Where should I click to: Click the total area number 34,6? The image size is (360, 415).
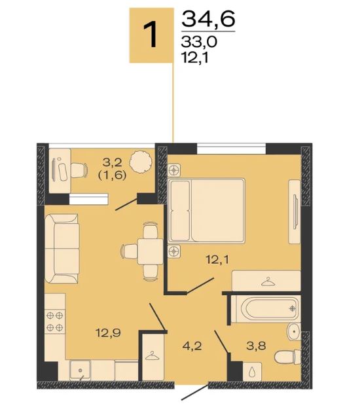(x=208, y=20)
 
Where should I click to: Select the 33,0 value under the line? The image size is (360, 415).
(x=199, y=42)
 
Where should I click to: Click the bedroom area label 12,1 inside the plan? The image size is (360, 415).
(x=217, y=260)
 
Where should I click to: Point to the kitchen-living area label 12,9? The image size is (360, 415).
(x=109, y=333)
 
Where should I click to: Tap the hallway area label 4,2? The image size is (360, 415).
(x=192, y=346)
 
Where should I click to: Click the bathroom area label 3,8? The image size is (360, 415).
(x=256, y=346)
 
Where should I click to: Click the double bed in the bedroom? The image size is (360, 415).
(x=206, y=211)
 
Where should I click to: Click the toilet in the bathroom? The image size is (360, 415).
(x=287, y=357)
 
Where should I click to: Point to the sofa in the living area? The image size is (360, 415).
(x=62, y=249)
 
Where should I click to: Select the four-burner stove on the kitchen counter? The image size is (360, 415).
(x=55, y=321)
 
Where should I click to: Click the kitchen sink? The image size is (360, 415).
(x=81, y=370)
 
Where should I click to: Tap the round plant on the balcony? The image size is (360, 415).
(x=141, y=161)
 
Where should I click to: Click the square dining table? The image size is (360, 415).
(x=150, y=251)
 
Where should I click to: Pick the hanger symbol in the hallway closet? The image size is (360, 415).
(x=153, y=355)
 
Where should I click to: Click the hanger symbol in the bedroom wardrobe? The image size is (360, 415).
(x=268, y=281)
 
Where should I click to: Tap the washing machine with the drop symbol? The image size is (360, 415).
(x=252, y=372)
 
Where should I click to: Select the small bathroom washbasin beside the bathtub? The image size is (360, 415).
(x=294, y=332)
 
